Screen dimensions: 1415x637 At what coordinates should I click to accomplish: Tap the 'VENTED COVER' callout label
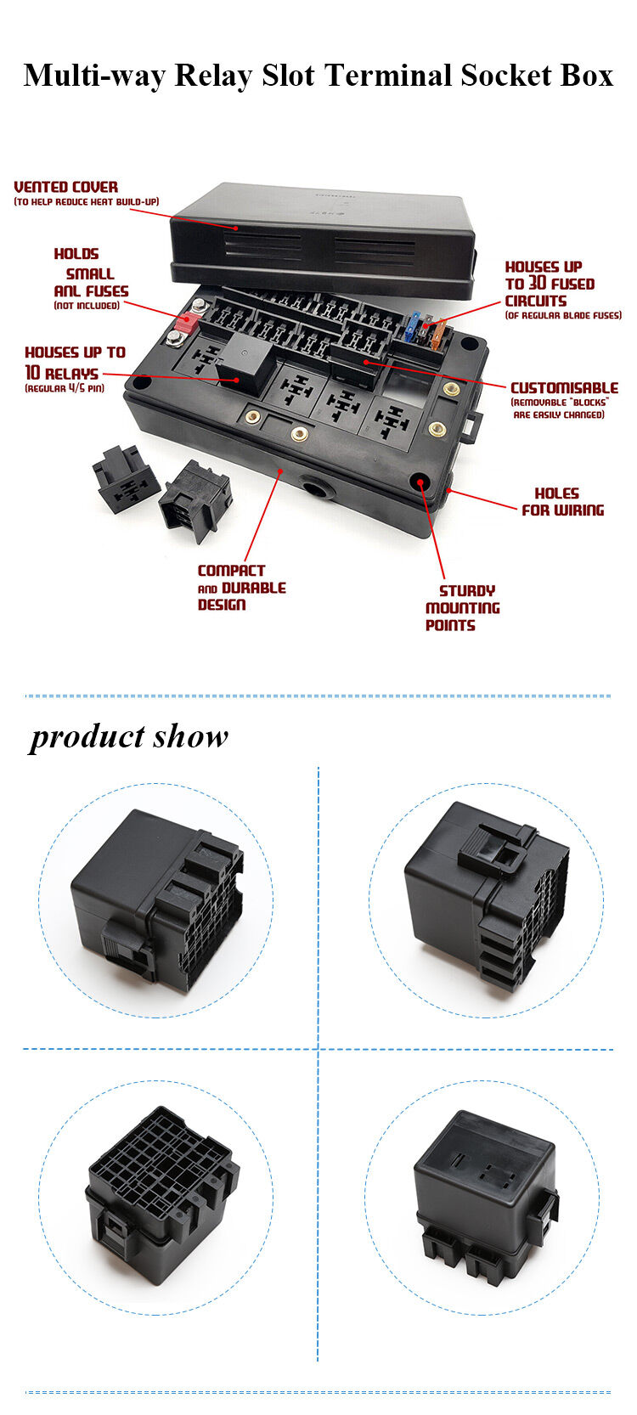[65, 187]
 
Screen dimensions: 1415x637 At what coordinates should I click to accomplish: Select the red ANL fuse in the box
[185, 321]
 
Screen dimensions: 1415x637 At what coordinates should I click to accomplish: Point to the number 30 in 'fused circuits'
[538, 284]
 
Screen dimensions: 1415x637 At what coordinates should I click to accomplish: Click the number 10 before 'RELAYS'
[32, 373]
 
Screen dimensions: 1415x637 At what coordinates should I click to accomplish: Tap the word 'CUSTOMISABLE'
[564, 387]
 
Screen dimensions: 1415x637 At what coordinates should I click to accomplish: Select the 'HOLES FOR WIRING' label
[561, 502]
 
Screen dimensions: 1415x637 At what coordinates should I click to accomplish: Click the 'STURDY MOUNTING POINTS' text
[461, 608]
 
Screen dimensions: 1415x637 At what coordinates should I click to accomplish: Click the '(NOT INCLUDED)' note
[86, 306]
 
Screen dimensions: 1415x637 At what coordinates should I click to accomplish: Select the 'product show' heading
[129, 736]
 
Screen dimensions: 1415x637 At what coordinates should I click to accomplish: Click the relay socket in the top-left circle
[157, 900]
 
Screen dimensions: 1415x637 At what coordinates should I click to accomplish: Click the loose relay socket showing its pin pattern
[125, 479]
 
